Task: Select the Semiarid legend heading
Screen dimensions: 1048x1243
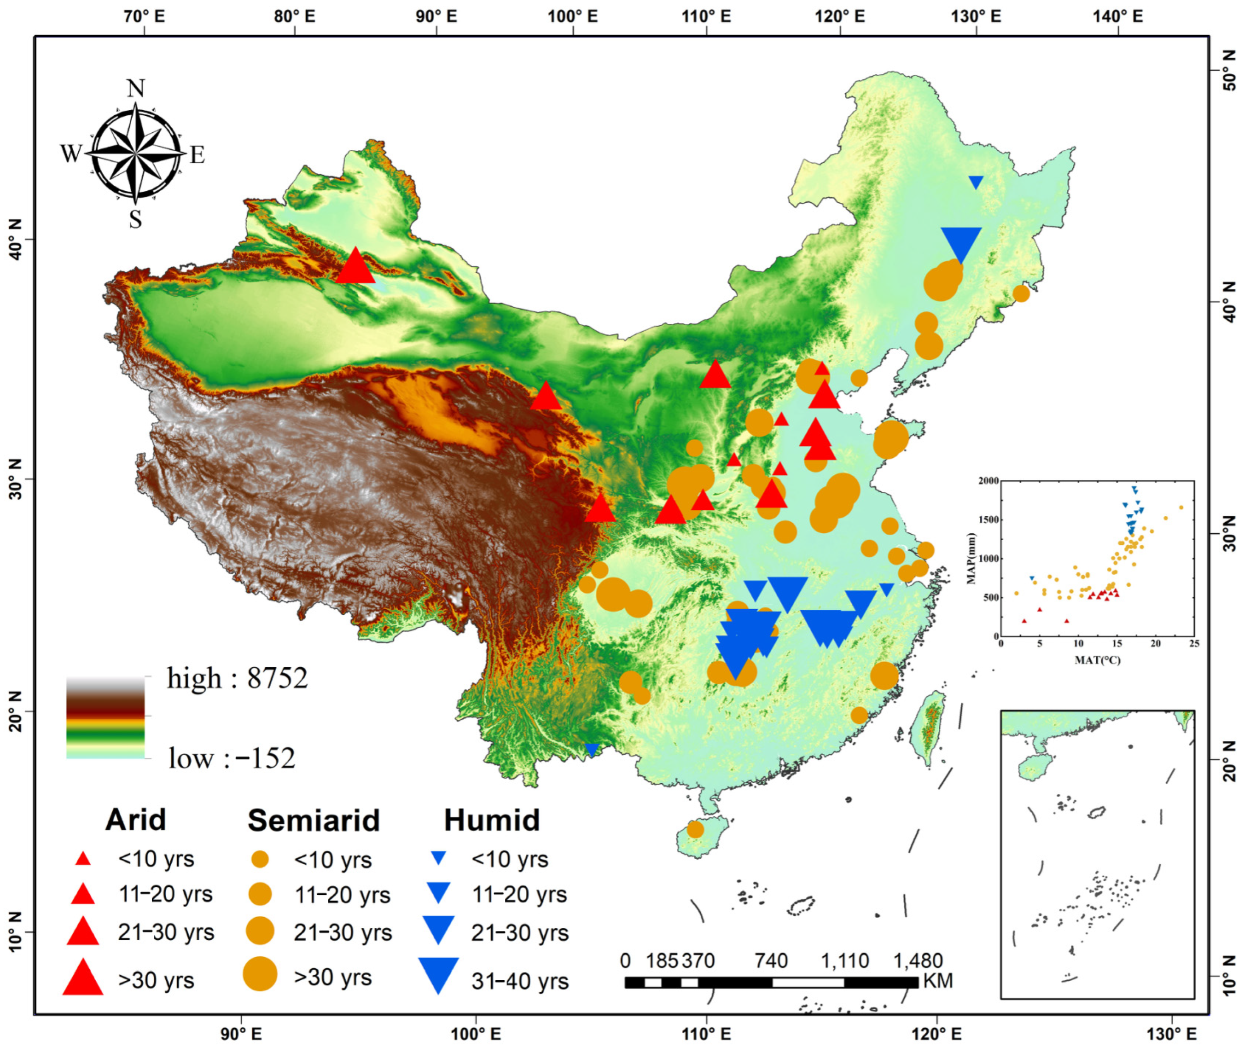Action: (x=313, y=821)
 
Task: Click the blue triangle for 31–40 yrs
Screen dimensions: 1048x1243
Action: (x=438, y=974)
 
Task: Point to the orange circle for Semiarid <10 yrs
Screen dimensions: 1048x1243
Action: (x=260, y=859)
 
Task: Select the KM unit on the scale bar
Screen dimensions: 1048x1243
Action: (x=938, y=980)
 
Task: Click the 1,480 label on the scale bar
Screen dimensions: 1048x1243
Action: (x=918, y=961)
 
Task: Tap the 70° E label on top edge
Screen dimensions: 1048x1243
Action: (x=144, y=16)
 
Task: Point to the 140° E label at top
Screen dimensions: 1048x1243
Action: (x=1117, y=16)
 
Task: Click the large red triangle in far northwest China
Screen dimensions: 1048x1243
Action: (x=355, y=268)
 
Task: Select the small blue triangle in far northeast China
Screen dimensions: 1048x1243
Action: (x=976, y=182)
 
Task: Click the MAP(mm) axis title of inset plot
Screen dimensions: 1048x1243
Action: (x=971, y=559)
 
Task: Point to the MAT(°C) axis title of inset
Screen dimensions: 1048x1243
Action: (x=1097, y=660)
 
